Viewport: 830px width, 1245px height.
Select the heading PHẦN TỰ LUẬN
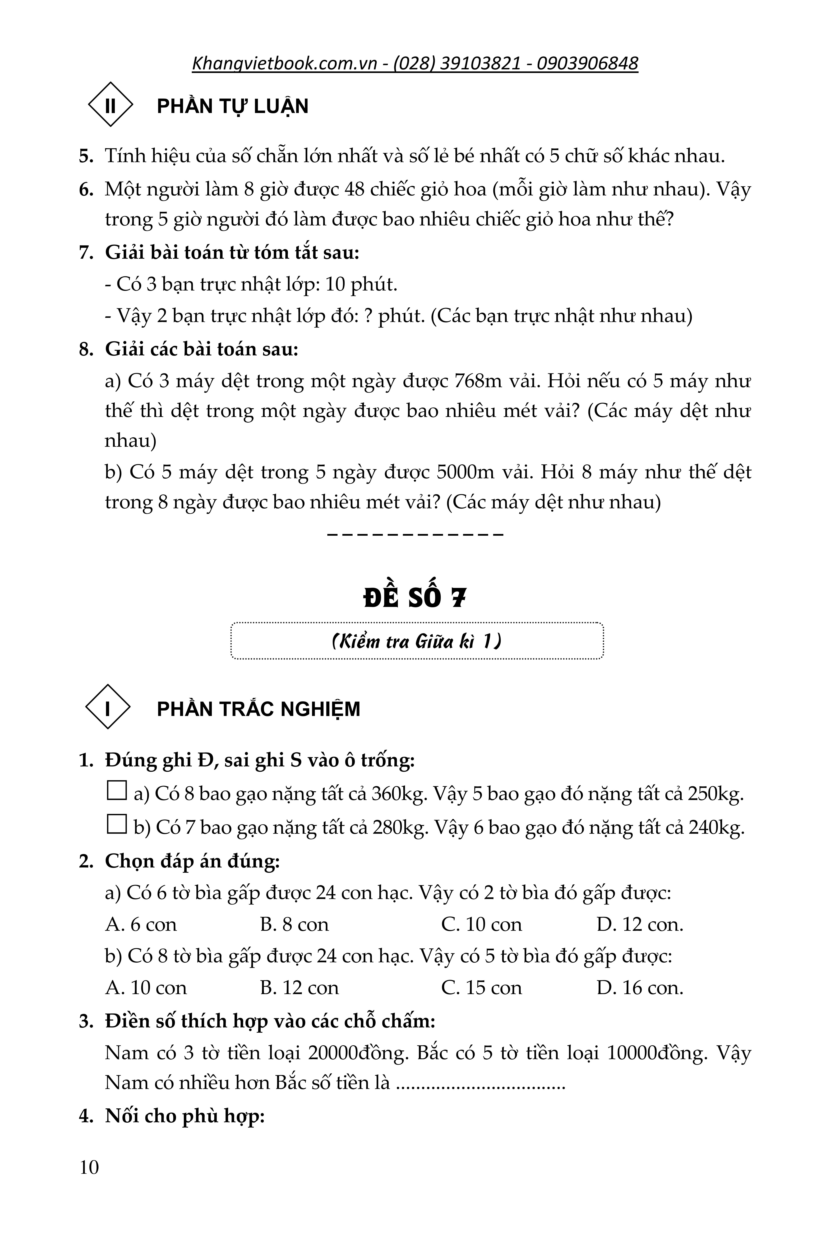[232, 106]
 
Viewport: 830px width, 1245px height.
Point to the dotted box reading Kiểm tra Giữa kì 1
[417, 641]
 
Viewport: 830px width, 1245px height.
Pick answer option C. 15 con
[481, 988]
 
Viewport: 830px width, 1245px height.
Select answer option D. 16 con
[639, 988]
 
